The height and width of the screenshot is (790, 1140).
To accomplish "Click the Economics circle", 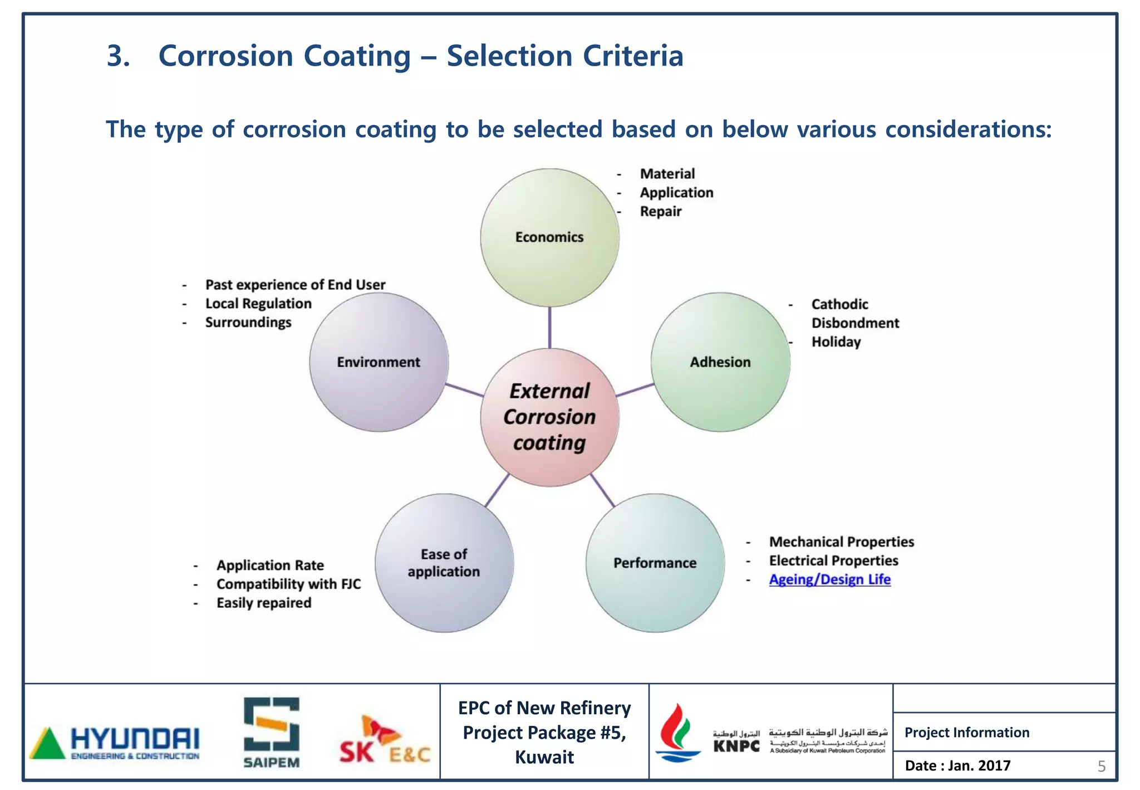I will (x=549, y=237).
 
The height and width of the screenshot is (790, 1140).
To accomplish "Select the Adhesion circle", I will (x=720, y=362).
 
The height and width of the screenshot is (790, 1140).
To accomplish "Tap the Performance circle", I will (x=655, y=563).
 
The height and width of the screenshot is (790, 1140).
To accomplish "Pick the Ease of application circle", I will (x=444, y=563).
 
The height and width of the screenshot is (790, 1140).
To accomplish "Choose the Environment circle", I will (x=379, y=362).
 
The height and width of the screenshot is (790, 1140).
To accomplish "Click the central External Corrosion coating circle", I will (x=549, y=417).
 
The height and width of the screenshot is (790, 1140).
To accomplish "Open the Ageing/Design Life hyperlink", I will (x=829, y=579).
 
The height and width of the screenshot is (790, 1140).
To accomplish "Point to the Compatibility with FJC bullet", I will (x=288, y=584).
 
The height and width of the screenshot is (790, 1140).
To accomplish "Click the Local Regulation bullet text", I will (x=258, y=304).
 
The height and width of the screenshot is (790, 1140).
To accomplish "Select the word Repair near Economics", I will (x=660, y=212).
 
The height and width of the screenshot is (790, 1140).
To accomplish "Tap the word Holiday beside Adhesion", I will (x=836, y=342).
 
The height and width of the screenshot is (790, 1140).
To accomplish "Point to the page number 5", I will (x=1102, y=767).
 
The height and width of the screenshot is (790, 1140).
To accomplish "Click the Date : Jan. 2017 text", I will (x=957, y=765).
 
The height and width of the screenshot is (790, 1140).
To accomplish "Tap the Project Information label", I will (x=967, y=733).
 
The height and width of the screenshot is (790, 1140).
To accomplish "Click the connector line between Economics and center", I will (x=549, y=328).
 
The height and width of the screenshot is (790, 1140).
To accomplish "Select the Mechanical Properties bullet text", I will (x=841, y=542).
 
